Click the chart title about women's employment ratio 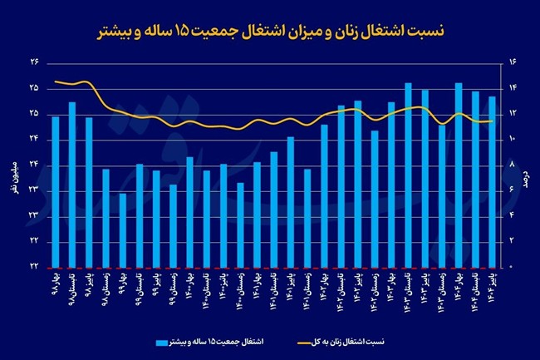(x=270, y=32)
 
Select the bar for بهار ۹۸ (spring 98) (x=56, y=191)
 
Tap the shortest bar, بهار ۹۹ (x=123, y=229)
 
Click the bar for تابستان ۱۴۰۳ (x=408, y=175)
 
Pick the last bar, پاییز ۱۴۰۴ (x=492, y=181)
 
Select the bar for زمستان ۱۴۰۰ (x=240, y=224)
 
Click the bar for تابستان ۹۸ (x=72, y=184)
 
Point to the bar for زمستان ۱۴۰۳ (x=442, y=195)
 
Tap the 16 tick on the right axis (x=512, y=62)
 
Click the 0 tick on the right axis (x=512, y=266)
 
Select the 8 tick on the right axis (x=512, y=165)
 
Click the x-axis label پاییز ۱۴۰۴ (x=492, y=287)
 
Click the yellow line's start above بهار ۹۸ (x=56, y=81)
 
